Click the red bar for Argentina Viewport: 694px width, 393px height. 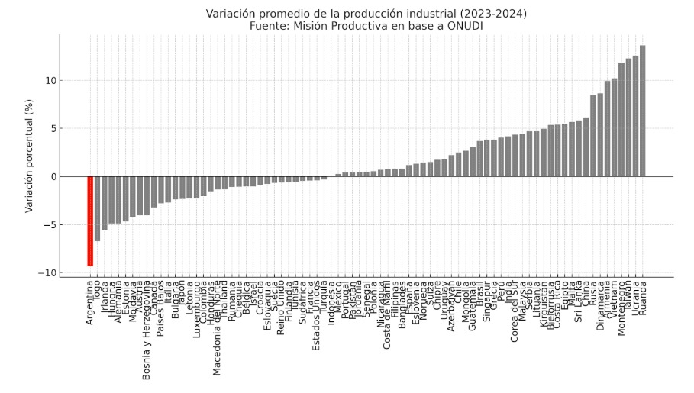point(90,221)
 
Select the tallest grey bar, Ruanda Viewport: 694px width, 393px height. point(643,111)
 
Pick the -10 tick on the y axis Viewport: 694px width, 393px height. point(47,272)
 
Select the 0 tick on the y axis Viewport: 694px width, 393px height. point(52,176)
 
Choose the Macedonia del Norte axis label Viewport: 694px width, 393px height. point(218,327)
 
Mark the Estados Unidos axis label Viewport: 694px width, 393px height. point(317,314)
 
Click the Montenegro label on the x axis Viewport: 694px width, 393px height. point(621,308)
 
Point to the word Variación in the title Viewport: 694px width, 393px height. point(231,13)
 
